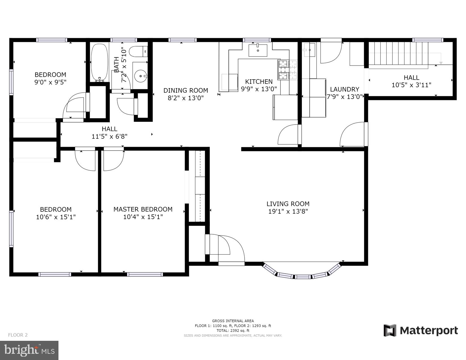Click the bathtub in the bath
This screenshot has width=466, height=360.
99,63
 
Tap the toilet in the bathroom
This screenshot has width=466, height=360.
139,51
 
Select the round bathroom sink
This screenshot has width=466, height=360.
141,76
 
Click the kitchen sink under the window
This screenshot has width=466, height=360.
258,50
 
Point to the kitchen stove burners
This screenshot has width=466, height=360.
287,70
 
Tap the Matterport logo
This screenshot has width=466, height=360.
421,330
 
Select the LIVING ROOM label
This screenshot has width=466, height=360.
288,204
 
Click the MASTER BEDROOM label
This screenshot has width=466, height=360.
143,209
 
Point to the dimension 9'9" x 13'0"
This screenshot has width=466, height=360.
259,89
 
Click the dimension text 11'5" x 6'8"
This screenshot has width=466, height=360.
109,136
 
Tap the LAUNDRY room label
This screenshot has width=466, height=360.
344,89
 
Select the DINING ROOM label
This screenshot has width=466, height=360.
186,90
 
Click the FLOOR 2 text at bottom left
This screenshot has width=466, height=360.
18,335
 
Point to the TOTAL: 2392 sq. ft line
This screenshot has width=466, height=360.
233,330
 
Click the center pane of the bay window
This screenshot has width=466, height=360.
302,277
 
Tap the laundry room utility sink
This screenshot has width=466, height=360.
309,50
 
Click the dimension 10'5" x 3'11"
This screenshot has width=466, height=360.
411,85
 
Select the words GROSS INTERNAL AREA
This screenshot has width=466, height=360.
233,321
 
